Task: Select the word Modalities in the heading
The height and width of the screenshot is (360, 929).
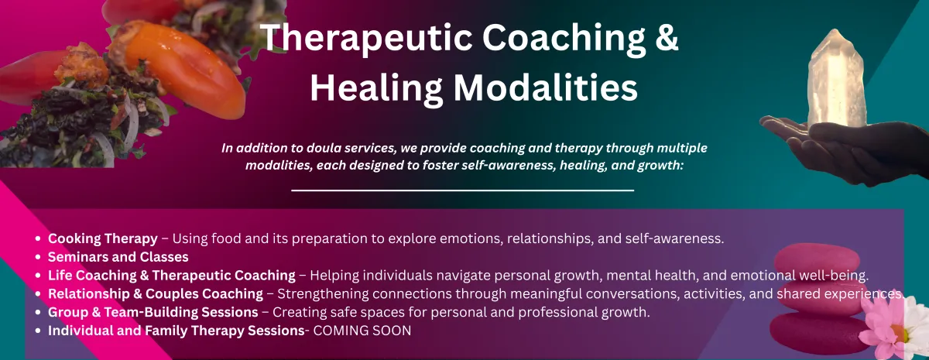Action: click(x=545, y=87)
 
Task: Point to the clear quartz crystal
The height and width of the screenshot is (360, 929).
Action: click(x=835, y=79)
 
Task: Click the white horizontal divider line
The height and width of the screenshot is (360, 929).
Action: click(x=462, y=190)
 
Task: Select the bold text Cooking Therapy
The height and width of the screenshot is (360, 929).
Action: click(x=103, y=239)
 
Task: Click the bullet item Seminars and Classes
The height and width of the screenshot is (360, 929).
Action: click(x=118, y=257)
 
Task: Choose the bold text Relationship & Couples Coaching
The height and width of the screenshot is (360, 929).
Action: click(x=156, y=294)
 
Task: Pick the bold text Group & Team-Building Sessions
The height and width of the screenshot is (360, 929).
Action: click(x=153, y=312)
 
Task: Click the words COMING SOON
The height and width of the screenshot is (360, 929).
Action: click(x=362, y=331)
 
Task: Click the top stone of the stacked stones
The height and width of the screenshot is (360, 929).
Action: click(x=817, y=260)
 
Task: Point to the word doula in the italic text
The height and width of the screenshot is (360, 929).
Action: click(x=322, y=148)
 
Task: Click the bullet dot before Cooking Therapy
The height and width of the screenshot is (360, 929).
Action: click(x=38, y=239)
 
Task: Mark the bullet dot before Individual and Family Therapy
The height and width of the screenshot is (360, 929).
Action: click(x=38, y=331)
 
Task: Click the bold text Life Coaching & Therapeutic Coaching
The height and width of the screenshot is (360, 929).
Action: click(x=172, y=276)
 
